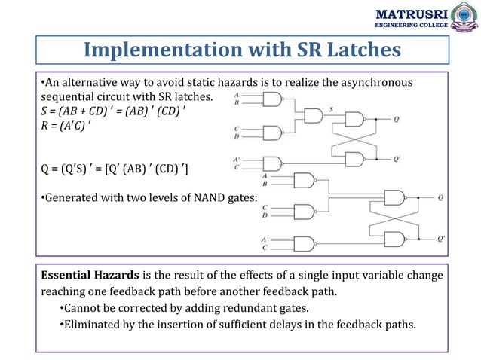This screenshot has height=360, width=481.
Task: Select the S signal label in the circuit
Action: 331,109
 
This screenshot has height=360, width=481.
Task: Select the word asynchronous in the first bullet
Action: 381,81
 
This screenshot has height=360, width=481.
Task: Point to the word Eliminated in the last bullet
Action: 93,325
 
